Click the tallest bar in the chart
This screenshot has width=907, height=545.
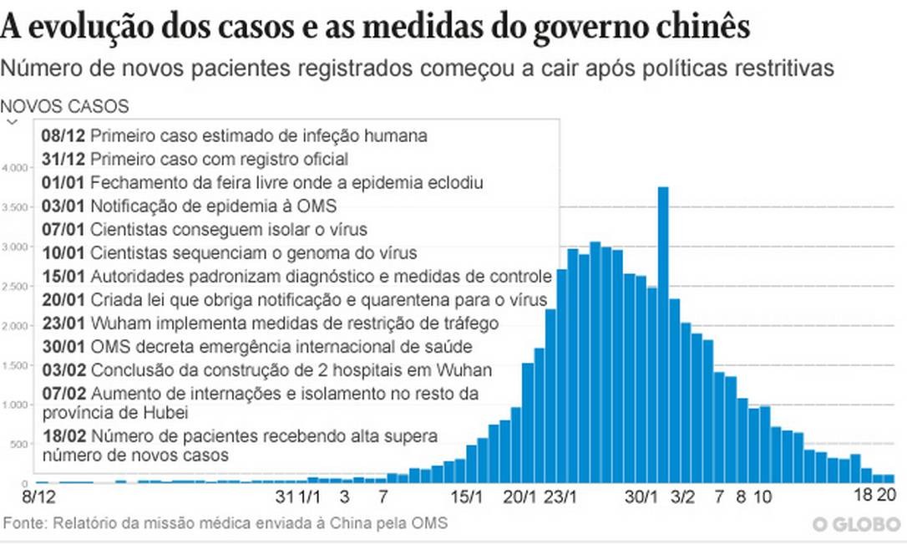[x=663, y=334]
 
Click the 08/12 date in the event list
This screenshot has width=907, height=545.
[x=63, y=135]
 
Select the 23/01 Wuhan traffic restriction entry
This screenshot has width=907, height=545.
[x=270, y=323]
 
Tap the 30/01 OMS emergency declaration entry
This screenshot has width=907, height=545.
[x=258, y=346]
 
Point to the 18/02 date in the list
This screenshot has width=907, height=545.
[x=63, y=435]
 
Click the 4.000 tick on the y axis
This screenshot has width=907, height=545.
[x=15, y=168]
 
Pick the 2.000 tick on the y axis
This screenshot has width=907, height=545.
[x=15, y=326]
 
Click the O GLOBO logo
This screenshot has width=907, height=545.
[x=857, y=524]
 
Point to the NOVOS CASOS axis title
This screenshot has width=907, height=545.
[x=65, y=106]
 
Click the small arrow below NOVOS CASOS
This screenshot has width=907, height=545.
[x=12, y=122]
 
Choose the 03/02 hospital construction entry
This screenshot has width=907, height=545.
[x=266, y=369]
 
